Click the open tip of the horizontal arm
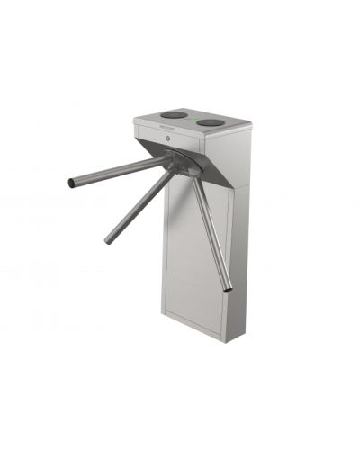[x=71, y=184]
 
